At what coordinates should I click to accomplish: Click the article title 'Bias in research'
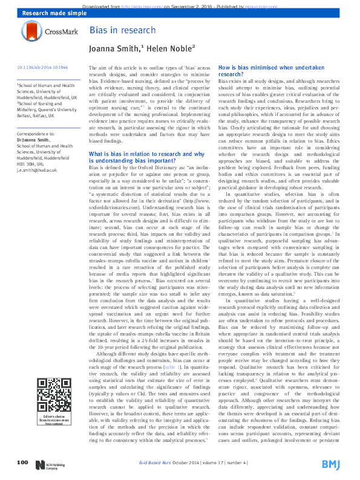114,30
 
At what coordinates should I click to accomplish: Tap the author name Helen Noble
173,48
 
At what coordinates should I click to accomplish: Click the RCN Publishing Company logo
48,464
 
